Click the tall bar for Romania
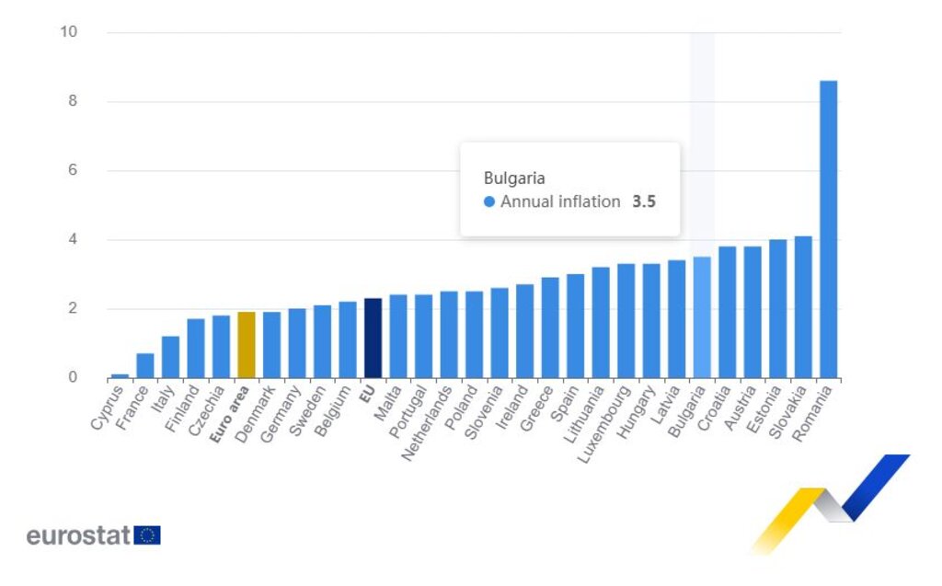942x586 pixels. [828, 229]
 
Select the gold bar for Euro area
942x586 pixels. [246, 345]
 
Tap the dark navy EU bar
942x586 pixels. [373, 338]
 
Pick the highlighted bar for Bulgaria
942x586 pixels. [702, 317]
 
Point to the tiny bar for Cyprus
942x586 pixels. [120, 375]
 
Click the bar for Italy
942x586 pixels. [170, 357]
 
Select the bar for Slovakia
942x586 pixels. [803, 307]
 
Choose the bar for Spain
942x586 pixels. [575, 326]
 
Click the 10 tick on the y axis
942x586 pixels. [69, 32]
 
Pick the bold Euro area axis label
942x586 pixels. [230, 416]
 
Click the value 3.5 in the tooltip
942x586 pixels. [643, 201]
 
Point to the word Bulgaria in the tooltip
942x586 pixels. [515, 178]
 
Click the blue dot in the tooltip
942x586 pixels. [489, 201]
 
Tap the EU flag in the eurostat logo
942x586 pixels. [147, 535]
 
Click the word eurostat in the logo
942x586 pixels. [78, 535]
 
